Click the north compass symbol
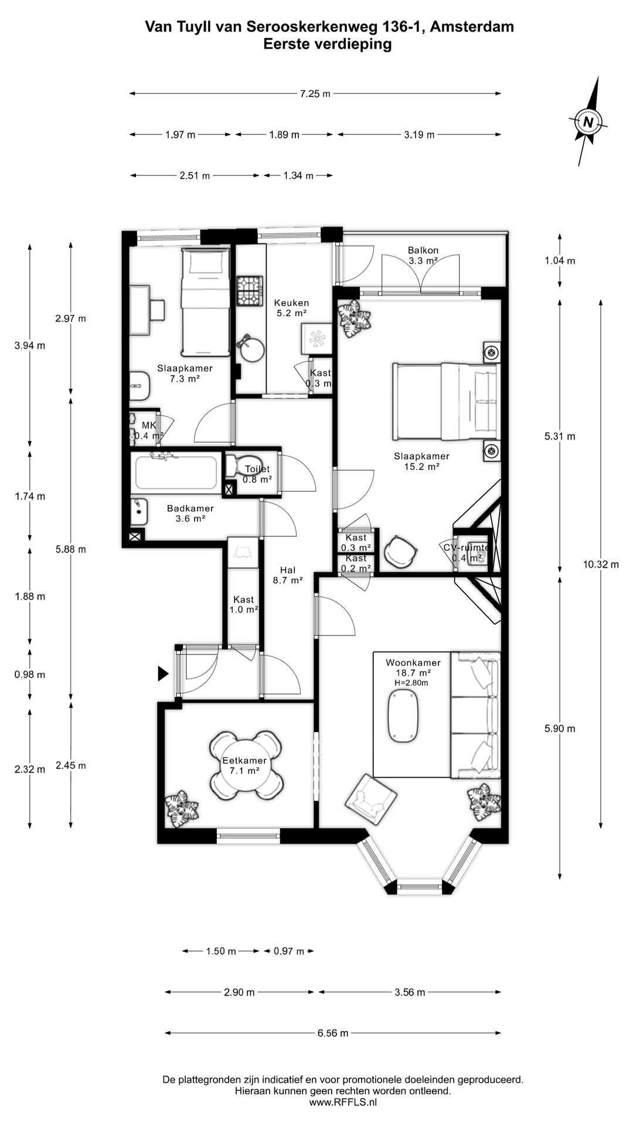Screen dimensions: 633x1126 point(588,122)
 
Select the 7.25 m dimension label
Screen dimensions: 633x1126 point(315,94)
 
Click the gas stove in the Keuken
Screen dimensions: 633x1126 point(250,291)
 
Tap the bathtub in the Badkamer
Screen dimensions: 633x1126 point(176,472)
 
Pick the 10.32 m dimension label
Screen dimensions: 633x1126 point(601,565)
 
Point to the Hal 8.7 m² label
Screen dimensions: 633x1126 point(288,575)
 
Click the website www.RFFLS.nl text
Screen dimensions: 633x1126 point(343,1102)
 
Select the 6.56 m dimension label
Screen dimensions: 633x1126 point(333,1033)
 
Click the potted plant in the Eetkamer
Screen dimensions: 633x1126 point(181,809)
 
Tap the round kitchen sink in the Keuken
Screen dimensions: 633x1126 point(250,348)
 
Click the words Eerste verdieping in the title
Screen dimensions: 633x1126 point(328,44)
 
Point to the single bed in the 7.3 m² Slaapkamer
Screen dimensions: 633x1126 point(205,301)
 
